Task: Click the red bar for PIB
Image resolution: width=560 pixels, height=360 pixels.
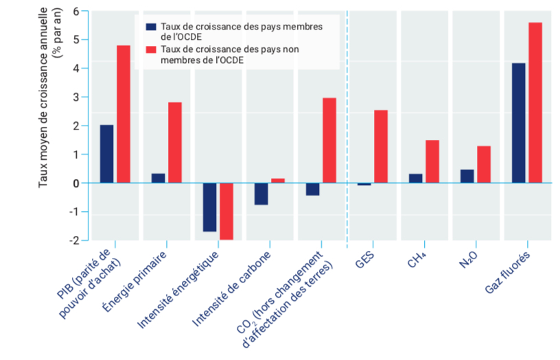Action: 124,114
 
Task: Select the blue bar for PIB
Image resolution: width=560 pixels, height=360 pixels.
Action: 106,154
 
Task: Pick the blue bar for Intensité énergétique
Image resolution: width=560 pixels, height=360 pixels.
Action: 209,207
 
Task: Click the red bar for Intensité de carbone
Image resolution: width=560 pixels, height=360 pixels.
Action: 278,180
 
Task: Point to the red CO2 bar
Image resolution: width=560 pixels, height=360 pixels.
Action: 329,141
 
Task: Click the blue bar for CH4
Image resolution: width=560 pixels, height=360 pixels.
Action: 416,178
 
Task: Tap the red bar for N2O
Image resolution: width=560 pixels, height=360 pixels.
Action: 484,165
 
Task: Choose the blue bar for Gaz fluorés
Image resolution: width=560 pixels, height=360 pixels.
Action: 519,123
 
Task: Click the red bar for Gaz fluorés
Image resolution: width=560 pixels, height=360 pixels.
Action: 535,103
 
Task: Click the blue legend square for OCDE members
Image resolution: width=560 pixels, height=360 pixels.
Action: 151,27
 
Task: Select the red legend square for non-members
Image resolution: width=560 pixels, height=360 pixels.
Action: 151,49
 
